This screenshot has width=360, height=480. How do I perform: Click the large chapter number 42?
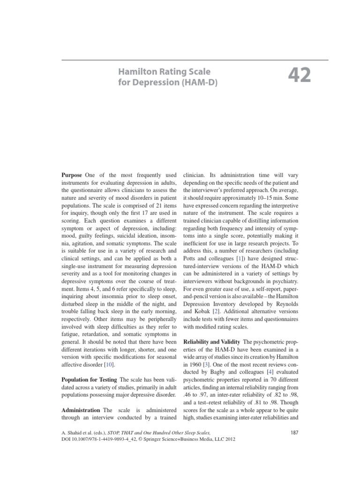(299, 75)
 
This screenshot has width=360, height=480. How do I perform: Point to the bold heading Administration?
(81, 410)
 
